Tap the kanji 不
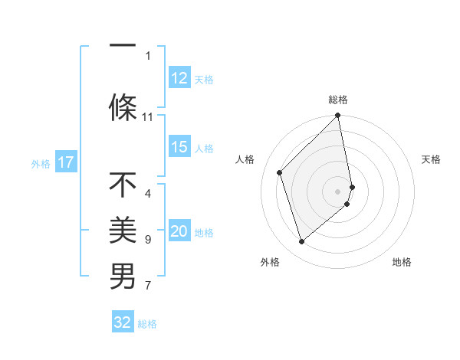123,185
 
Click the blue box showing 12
179,78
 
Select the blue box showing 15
179,147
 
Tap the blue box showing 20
179,232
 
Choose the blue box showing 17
66,162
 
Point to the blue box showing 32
123,322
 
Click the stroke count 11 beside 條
148,117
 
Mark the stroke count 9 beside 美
148,240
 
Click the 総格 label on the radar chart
338,100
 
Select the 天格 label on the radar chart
431,159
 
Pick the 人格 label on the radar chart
245,159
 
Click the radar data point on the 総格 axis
338,116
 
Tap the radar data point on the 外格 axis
302,241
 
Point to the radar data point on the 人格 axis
280,172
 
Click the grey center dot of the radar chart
338,191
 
